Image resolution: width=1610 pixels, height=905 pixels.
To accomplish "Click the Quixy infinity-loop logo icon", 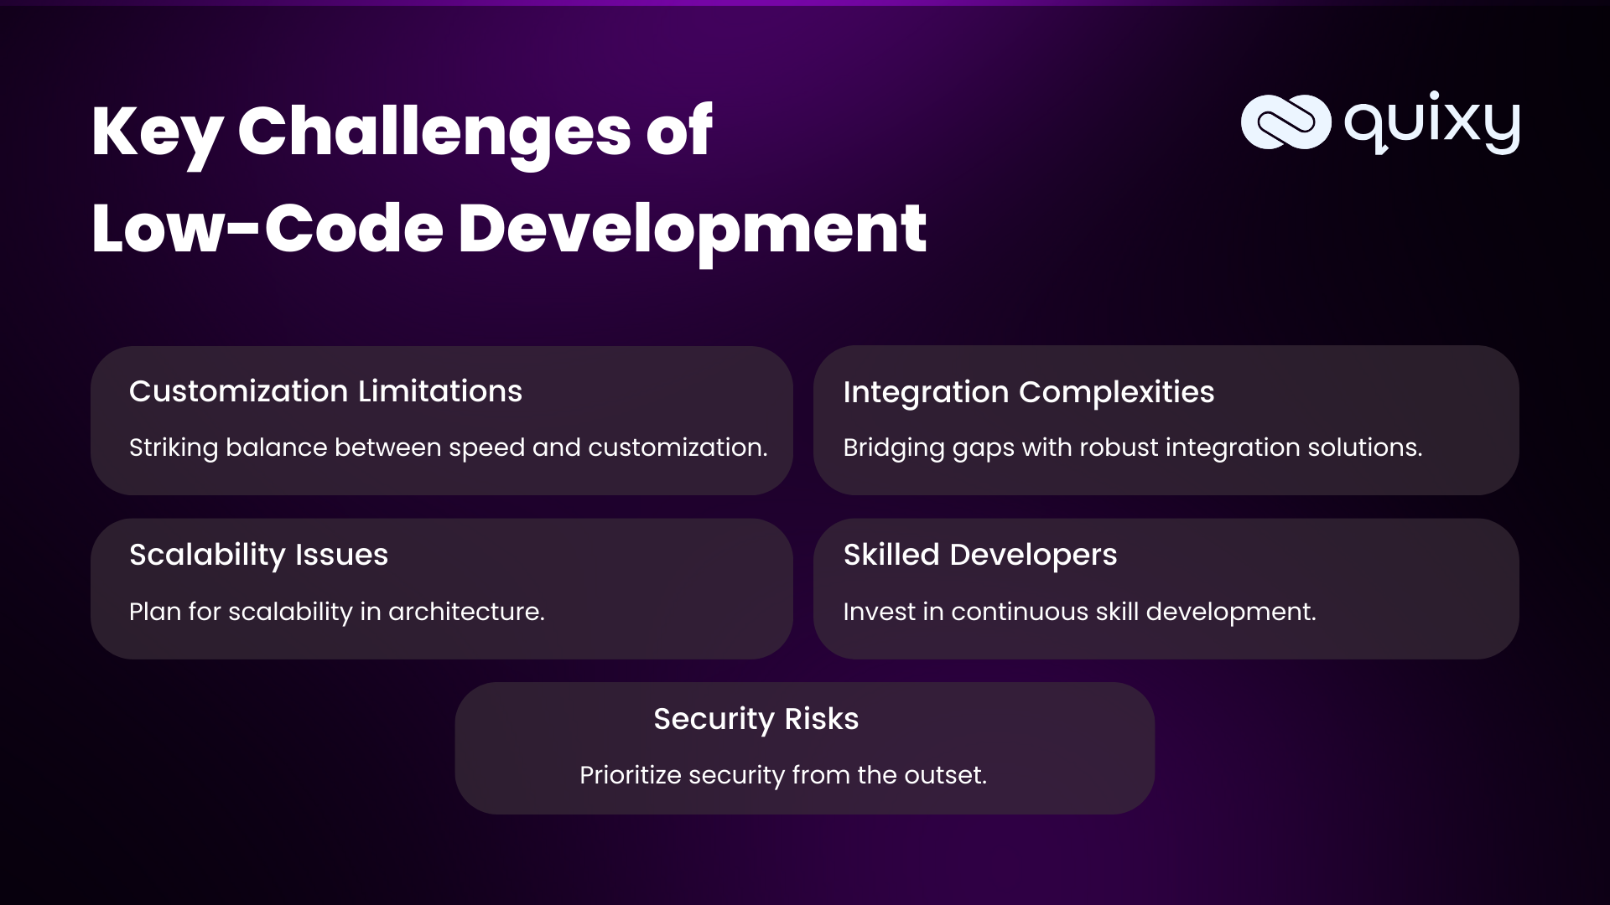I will [x=1285, y=122].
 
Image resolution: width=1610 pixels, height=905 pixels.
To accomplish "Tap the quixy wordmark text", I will [x=1432, y=124].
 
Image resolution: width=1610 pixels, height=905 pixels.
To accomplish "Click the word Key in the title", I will [x=156, y=132].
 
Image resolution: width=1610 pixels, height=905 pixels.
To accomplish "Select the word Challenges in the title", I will [x=434, y=132].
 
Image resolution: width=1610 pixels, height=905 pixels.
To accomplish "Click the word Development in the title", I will [x=692, y=229].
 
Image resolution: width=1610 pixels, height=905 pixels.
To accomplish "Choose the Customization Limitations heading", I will [x=325, y=391].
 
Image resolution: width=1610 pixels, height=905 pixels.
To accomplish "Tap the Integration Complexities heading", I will [x=1028, y=392].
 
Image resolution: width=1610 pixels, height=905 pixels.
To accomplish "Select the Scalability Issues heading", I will [x=258, y=555].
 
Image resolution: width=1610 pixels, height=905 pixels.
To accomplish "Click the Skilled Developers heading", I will [x=979, y=555].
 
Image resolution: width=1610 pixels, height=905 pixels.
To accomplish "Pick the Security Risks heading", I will [x=756, y=719].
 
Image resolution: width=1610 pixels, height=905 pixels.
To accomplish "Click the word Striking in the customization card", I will [x=173, y=448].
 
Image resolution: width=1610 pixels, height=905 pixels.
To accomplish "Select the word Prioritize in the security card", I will [x=630, y=775].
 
